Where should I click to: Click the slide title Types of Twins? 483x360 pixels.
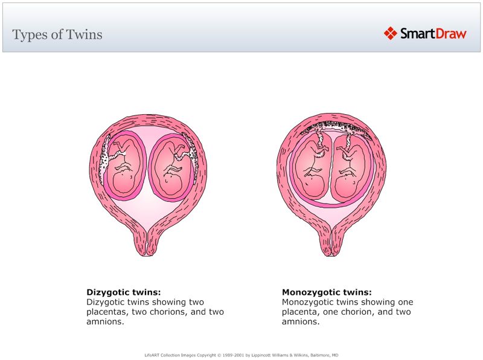[57, 34]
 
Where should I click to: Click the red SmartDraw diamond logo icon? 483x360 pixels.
[390, 33]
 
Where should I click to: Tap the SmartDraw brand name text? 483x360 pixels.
[433, 34]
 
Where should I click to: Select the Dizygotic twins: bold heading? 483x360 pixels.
[124, 292]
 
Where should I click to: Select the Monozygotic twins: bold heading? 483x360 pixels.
[327, 292]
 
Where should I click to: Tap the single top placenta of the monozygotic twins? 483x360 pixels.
[331, 126]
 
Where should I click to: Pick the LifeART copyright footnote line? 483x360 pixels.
[241, 355]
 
